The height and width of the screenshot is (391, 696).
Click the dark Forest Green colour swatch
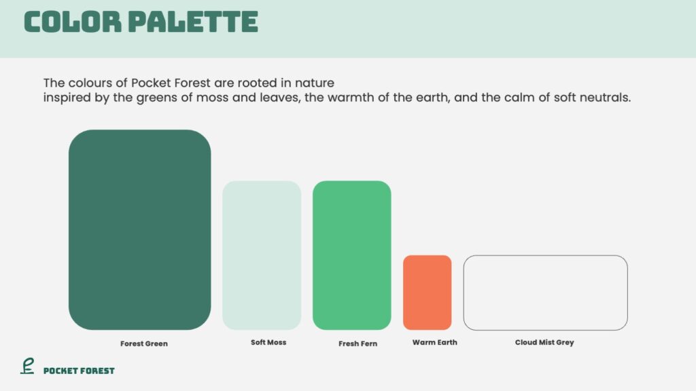click(x=140, y=229)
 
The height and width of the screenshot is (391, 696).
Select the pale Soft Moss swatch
click(x=262, y=255)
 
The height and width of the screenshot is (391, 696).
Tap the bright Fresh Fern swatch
click(x=352, y=255)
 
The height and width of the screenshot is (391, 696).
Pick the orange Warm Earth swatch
click(x=428, y=293)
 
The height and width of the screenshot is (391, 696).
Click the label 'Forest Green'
click(x=144, y=343)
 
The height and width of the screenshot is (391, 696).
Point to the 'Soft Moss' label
click(x=268, y=342)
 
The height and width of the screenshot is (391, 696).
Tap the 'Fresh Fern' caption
click(x=358, y=343)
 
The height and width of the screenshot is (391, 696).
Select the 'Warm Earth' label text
click(x=434, y=342)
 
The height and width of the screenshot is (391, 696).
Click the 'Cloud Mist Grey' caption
click(x=544, y=342)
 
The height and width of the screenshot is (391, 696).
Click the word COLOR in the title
click(x=72, y=22)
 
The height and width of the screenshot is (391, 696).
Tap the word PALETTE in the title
click(x=194, y=22)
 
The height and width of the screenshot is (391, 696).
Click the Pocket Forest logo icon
click(x=27, y=366)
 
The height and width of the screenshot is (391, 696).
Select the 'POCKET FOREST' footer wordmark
click(x=79, y=371)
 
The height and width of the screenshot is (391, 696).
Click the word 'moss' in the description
click(x=212, y=97)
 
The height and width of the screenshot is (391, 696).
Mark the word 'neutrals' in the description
click(x=606, y=97)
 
